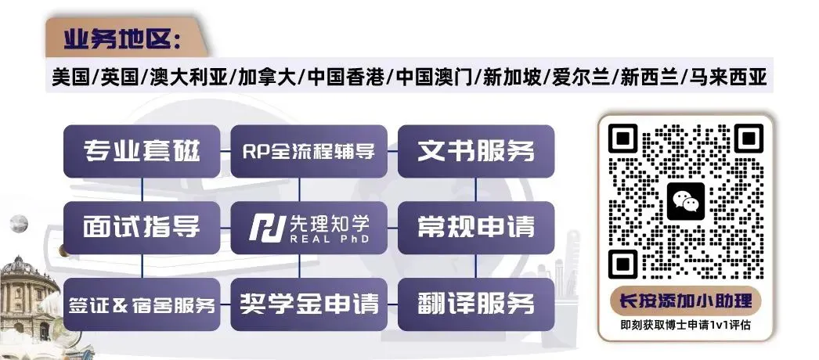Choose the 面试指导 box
click(142, 227)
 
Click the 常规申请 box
click(476, 227)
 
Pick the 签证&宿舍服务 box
click(142, 304)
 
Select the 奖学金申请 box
click(308, 304)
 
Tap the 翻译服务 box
click(476, 304)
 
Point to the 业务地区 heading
click(123, 39)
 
